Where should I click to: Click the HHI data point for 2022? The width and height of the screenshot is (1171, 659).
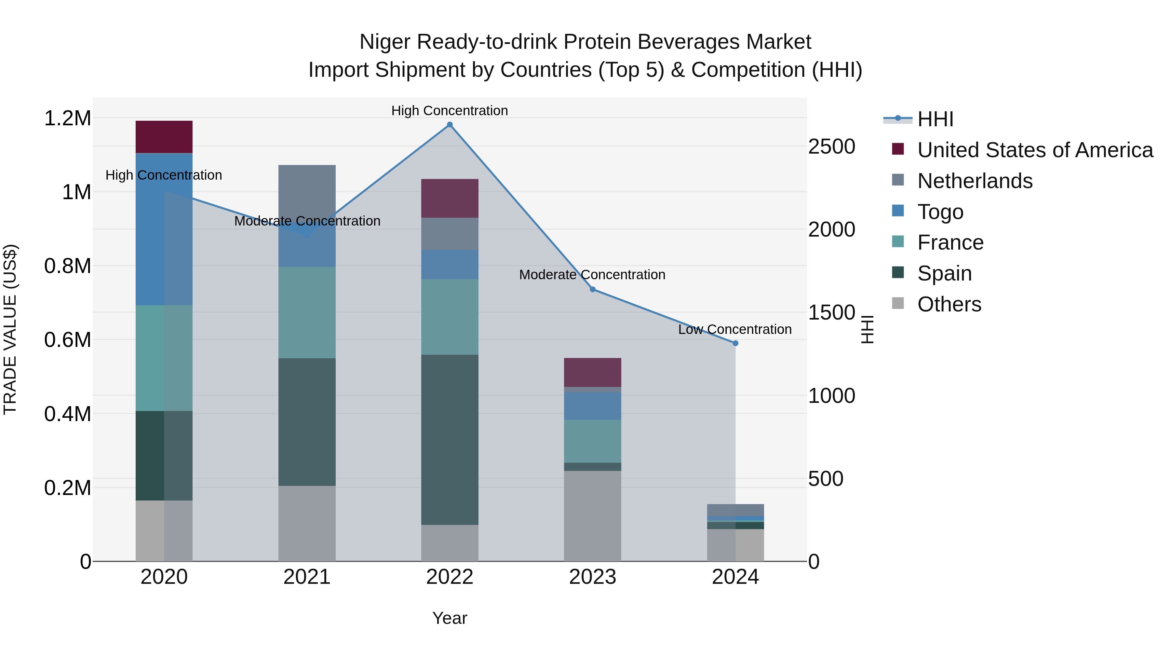450,125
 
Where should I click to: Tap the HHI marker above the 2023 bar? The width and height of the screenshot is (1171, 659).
592,289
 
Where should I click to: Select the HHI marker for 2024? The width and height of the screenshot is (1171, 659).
735,343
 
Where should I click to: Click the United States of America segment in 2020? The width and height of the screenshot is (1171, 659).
164,137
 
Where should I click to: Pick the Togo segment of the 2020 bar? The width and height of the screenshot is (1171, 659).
164,229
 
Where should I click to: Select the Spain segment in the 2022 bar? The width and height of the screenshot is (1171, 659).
450,439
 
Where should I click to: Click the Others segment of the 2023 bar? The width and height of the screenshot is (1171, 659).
592,516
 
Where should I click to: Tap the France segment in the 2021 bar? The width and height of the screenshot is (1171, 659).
307,312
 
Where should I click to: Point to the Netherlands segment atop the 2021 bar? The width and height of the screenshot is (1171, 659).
307,191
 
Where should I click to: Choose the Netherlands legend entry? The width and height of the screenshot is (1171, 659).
975,181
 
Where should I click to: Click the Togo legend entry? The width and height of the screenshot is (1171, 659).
940,212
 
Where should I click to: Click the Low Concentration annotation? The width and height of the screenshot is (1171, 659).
734,329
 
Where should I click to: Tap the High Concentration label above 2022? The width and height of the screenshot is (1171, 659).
450,111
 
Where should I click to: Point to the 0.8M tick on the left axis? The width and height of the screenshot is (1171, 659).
68,266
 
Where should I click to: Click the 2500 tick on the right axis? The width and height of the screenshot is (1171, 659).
831,146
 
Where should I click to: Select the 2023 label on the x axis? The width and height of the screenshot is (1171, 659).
592,577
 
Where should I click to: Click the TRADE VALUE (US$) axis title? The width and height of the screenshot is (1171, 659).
10,329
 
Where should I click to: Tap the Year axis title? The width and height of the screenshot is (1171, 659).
450,618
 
